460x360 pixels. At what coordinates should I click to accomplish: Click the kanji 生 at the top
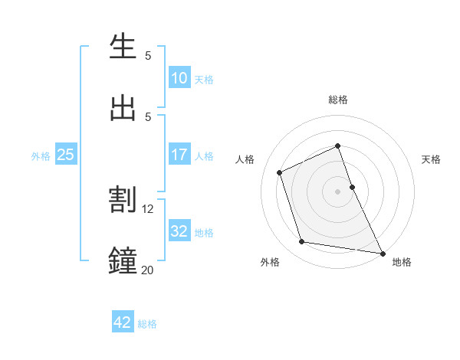(x=123, y=47)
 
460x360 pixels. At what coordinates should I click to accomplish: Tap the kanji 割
(x=123, y=200)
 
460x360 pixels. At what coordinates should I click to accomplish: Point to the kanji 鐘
(x=123, y=260)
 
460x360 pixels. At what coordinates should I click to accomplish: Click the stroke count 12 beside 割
(x=148, y=209)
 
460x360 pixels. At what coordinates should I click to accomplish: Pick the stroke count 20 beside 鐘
(x=148, y=270)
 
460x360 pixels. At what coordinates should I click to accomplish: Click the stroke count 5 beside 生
(x=148, y=56)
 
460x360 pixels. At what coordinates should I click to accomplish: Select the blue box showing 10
(x=179, y=78)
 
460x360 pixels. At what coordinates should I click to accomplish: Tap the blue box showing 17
(x=179, y=155)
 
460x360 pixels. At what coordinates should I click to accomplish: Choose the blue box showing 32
(x=179, y=231)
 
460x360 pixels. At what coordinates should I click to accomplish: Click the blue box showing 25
(x=65, y=155)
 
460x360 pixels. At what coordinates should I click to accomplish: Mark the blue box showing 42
(x=123, y=322)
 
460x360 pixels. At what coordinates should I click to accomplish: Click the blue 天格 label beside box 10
(x=204, y=80)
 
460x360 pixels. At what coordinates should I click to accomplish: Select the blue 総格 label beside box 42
(x=147, y=324)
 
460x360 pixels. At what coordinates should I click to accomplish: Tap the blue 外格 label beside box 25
(x=41, y=156)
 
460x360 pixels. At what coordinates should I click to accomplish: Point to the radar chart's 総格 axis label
(x=338, y=100)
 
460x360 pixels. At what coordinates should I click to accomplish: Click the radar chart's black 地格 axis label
(x=402, y=262)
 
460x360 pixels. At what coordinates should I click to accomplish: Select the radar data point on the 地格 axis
(x=382, y=252)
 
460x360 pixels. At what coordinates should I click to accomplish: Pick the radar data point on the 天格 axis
(x=352, y=186)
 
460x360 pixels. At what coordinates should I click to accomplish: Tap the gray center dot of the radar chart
(x=338, y=191)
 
